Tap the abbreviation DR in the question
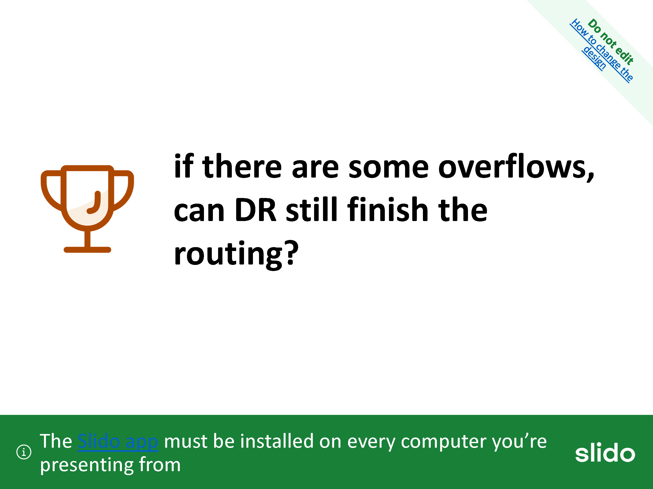(x=256, y=210)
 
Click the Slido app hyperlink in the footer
(x=118, y=442)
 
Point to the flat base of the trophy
(x=87, y=250)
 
